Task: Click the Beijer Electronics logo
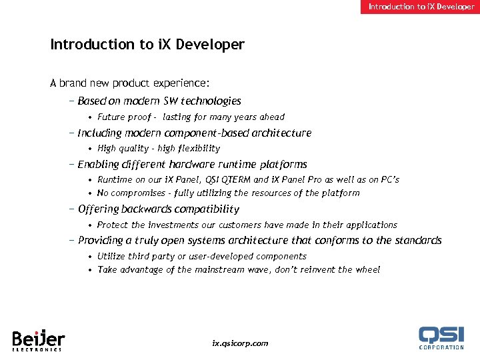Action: pyautogui.click(x=37, y=339)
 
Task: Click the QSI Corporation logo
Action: pyautogui.click(x=441, y=337)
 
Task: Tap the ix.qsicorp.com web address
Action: pyautogui.click(x=240, y=343)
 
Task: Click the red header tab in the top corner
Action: pyautogui.click(x=421, y=7)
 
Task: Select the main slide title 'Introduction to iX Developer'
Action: pyautogui.click(x=147, y=45)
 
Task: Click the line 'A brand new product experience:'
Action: pyautogui.click(x=130, y=83)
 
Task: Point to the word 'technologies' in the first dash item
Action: pyautogui.click(x=212, y=101)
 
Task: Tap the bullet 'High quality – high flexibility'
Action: pyautogui.click(x=158, y=149)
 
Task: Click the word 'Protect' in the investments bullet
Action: pyautogui.click(x=113, y=225)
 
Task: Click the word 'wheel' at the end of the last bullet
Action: pyautogui.click(x=367, y=270)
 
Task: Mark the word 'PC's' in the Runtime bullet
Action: pyautogui.click(x=388, y=180)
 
